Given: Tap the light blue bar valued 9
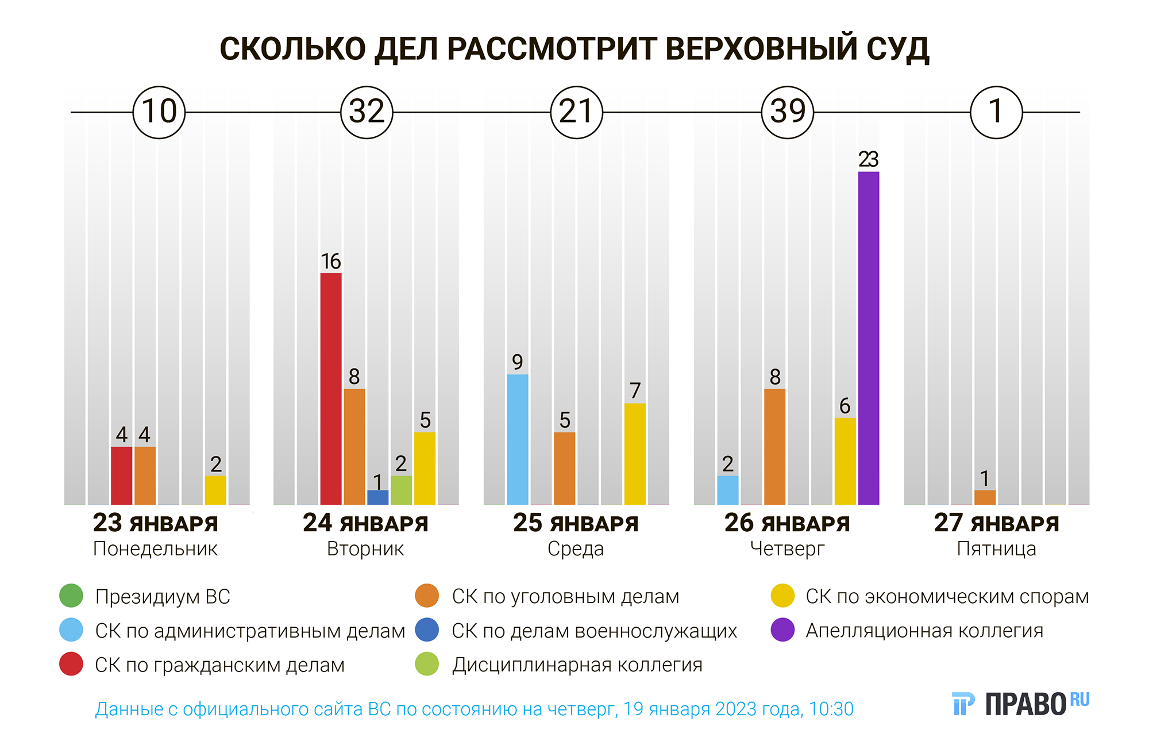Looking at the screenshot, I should click(x=518, y=439).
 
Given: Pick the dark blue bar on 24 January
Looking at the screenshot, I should click(x=377, y=497).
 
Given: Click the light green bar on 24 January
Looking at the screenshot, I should click(x=401, y=490).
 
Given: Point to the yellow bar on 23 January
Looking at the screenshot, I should click(x=215, y=490).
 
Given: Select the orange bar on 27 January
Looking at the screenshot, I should click(x=985, y=497).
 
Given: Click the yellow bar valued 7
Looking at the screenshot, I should click(x=635, y=454).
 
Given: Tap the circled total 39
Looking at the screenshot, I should click(x=787, y=112).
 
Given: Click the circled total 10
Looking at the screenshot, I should click(x=159, y=112).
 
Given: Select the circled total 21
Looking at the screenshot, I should click(x=576, y=112).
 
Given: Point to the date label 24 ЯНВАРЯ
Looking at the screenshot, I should click(x=365, y=523).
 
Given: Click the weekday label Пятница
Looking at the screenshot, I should click(x=996, y=549).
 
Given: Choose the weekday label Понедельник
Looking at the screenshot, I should click(x=155, y=549).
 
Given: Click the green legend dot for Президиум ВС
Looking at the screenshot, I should click(x=71, y=596).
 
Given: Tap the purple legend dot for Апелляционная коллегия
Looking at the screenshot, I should click(x=782, y=630).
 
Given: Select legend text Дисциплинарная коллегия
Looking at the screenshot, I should click(x=577, y=665).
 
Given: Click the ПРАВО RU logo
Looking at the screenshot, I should click(x=1020, y=704).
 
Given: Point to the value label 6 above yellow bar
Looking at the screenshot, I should click(x=845, y=406).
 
